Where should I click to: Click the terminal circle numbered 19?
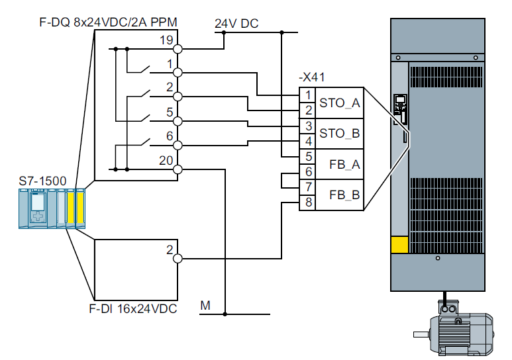click(178, 49)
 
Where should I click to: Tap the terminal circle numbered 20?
click(178, 169)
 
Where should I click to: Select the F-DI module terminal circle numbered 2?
click(178, 259)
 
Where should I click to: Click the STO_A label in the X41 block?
click(340, 103)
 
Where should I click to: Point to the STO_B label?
click(340, 134)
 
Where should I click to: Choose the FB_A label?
click(344, 165)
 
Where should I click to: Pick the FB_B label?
click(344, 195)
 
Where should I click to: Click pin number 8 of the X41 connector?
click(309, 202)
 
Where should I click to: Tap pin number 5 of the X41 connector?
click(309, 157)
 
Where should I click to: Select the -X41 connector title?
click(312, 77)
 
